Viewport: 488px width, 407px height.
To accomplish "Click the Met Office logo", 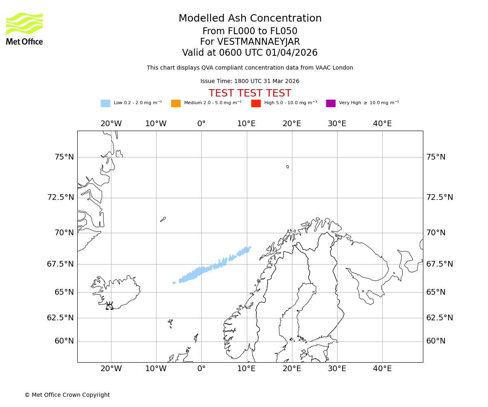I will point(24,28).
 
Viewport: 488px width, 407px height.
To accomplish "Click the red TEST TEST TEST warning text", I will point(250,93).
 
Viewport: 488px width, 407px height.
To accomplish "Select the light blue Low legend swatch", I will point(105,103).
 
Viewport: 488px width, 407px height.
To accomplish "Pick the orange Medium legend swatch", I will point(176,103).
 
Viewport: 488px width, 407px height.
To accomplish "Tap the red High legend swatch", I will point(256,103).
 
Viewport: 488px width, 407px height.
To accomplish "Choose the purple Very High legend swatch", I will point(331,103).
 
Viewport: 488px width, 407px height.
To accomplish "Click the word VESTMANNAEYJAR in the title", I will point(259,42).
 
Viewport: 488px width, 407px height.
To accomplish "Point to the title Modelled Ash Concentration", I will point(250,18).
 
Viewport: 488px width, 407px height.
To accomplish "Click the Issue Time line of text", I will point(250,81).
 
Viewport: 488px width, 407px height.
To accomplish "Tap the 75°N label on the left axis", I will point(64,157).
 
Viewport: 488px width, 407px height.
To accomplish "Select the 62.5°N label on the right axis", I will point(440,318).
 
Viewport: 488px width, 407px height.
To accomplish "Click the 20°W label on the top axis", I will point(111,124).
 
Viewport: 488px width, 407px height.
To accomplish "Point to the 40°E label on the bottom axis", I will point(382,369).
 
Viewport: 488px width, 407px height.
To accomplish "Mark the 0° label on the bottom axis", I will point(201,369).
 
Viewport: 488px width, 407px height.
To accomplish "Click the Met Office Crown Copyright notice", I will point(67,395).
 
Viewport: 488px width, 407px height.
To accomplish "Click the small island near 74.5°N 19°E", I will point(288,166).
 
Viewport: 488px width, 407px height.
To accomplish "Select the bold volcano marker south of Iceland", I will point(109,306).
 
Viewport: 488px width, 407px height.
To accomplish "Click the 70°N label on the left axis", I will point(64,233).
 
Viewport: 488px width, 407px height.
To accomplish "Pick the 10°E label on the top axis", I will point(246,124).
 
